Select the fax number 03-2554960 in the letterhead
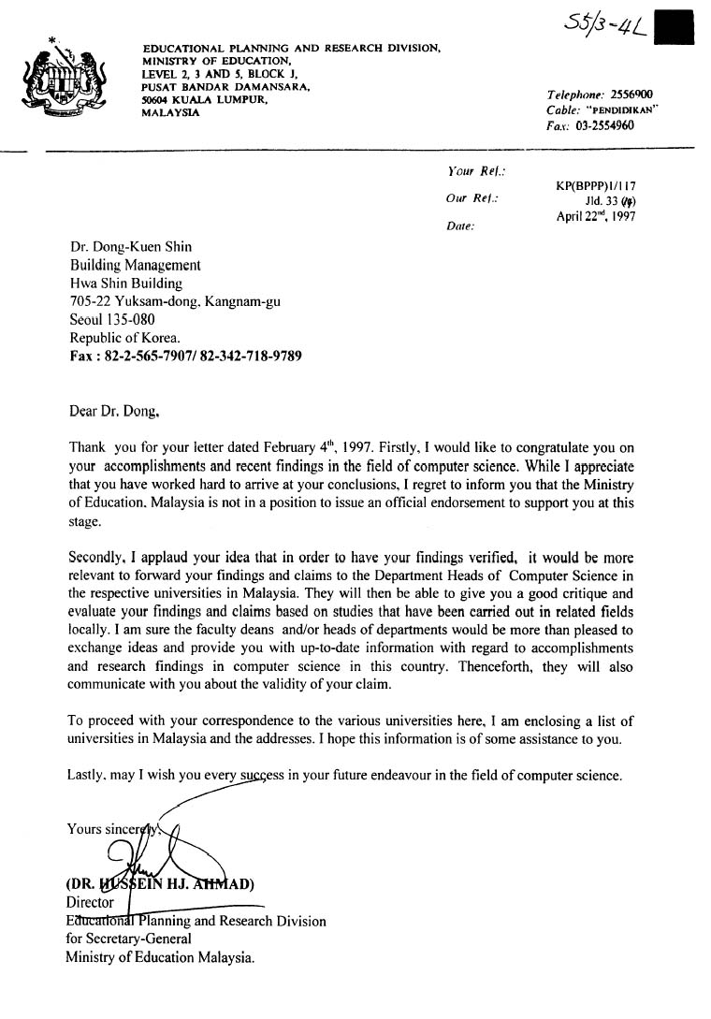click(605, 124)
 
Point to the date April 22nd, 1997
click(596, 215)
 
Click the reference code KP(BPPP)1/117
click(596, 185)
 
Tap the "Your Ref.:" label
click(477, 171)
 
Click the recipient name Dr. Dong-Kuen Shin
click(131, 248)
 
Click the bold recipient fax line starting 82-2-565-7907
click(186, 357)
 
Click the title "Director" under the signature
click(90, 903)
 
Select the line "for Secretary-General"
click(128, 939)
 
